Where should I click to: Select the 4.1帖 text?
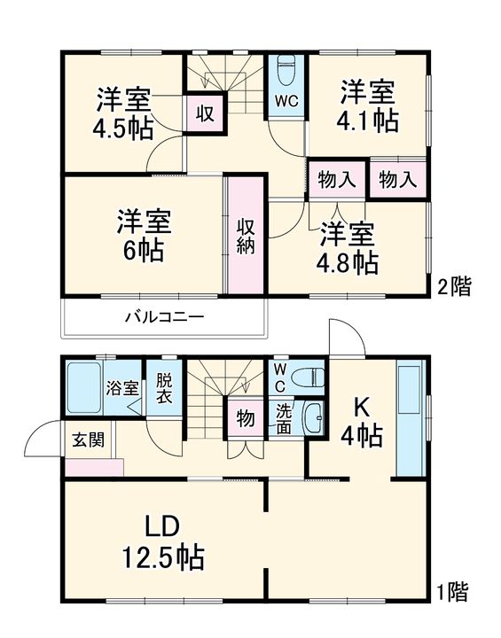[x=368, y=121]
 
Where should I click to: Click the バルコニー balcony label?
[x=164, y=317]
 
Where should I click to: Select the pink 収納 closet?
[x=246, y=235]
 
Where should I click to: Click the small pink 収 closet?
[x=204, y=113]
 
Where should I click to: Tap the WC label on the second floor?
[x=286, y=101]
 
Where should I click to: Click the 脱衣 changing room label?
[x=165, y=388]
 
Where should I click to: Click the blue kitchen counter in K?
[x=410, y=420]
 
